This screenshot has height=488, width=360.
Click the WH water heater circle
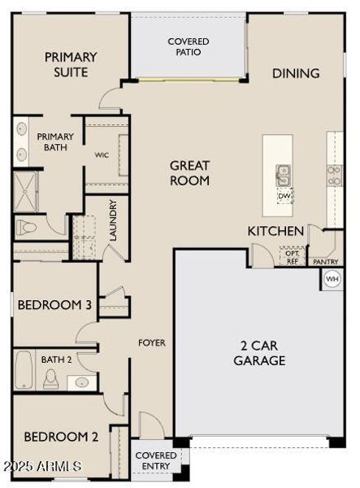click(332, 279)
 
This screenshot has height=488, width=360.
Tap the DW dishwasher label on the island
click(284, 196)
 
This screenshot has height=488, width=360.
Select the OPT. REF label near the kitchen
click(293, 257)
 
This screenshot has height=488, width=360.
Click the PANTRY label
click(326, 262)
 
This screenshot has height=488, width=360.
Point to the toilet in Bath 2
click(50, 379)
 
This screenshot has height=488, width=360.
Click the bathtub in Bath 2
click(24, 370)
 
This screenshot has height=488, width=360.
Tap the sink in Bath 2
click(82, 382)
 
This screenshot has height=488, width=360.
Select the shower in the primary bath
click(25, 191)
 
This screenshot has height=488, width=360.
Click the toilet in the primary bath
click(26, 227)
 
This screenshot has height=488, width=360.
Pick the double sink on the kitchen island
click(283, 176)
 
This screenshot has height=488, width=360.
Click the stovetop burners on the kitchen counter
click(334, 176)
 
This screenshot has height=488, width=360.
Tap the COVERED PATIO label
click(189, 46)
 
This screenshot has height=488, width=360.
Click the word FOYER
click(152, 342)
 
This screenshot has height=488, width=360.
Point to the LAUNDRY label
click(113, 220)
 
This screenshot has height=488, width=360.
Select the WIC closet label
click(102, 155)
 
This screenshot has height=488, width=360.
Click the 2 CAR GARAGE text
click(259, 353)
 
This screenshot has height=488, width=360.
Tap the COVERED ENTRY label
click(156, 460)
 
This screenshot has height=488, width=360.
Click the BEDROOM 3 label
click(54, 305)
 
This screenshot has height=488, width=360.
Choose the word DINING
click(296, 73)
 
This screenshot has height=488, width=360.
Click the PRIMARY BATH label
click(55, 142)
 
